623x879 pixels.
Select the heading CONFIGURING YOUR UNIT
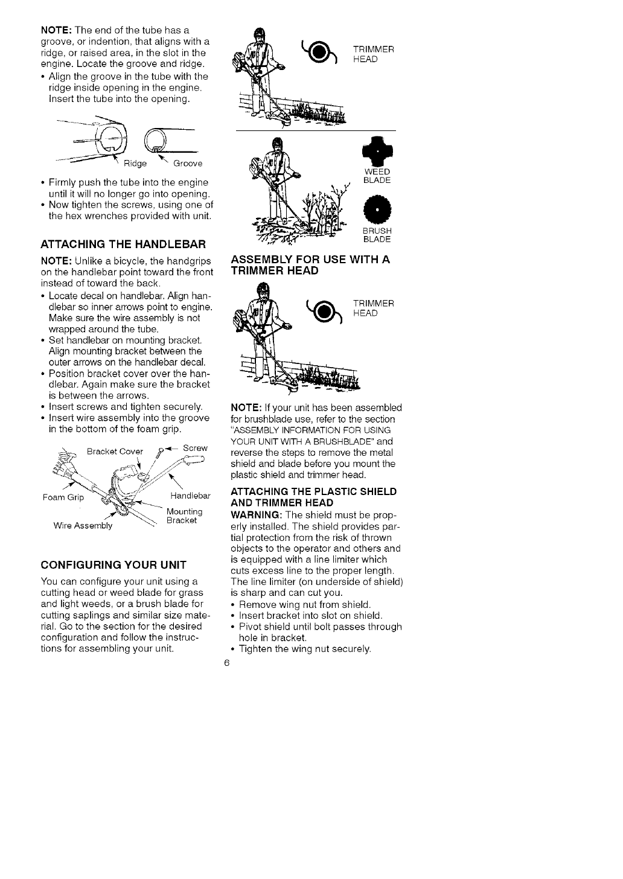[x=113, y=566]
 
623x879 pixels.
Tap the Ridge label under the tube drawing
[x=136, y=164]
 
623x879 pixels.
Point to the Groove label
[x=188, y=164]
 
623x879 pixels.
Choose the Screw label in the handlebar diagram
[x=195, y=449]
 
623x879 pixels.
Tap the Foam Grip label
[x=63, y=498]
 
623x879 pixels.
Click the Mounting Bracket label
[x=184, y=516]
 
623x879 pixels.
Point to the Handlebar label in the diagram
[x=190, y=496]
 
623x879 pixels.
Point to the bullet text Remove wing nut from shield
[x=305, y=605]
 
